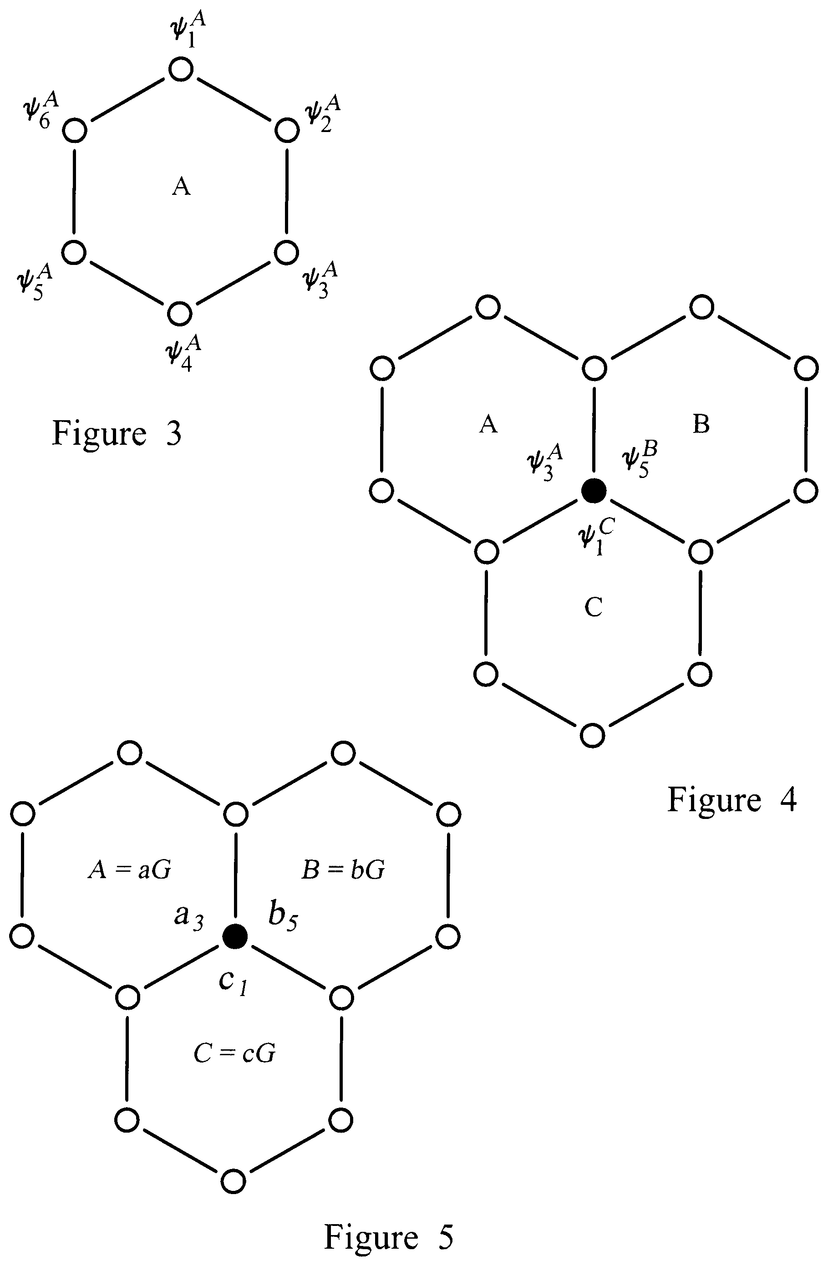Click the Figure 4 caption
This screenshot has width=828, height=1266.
(x=732, y=799)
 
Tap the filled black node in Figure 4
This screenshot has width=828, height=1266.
(x=594, y=490)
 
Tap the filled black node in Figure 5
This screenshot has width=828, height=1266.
(x=234, y=936)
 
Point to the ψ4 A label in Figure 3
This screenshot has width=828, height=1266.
(x=183, y=353)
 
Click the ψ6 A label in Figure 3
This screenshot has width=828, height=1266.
(x=41, y=111)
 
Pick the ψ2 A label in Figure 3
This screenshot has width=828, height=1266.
(x=322, y=113)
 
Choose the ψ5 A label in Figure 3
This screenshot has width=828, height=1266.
(x=35, y=282)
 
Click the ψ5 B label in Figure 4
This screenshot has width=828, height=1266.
(x=640, y=461)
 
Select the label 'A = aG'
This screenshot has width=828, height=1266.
(x=129, y=870)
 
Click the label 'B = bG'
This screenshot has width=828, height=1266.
(x=343, y=870)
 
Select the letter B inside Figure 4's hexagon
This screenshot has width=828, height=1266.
(x=701, y=424)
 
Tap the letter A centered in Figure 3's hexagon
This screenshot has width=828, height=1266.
(x=181, y=187)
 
